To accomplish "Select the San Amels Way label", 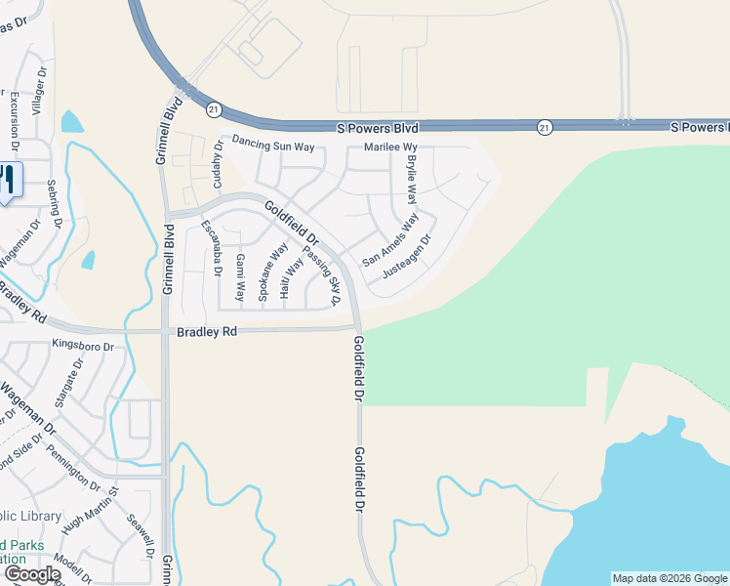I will click(x=389, y=240).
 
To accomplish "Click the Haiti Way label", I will click(x=291, y=277).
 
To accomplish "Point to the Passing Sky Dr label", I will click(x=320, y=275).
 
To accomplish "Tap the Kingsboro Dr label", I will click(x=83, y=345).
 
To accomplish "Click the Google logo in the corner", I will click(x=31, y=574).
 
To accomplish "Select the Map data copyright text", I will click(x=669, y=578).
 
